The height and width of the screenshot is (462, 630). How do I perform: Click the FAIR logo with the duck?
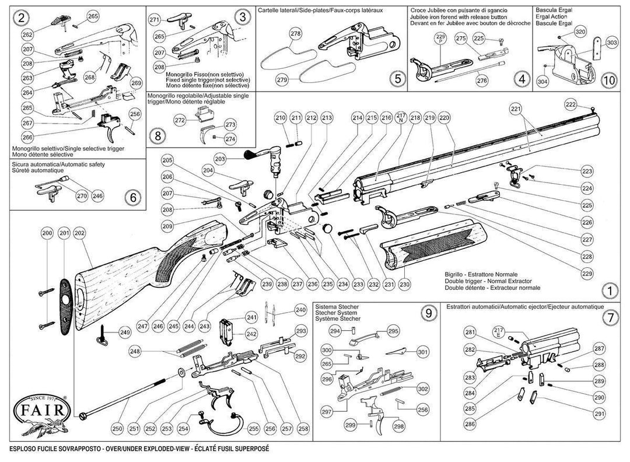click(x=44, y=412)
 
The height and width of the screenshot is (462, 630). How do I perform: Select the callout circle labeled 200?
click(x=47, y=234)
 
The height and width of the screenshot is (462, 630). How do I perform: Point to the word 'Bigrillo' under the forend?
click(x=455, y=274)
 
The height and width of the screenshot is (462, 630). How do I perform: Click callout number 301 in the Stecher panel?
click(x=422, y=352)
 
